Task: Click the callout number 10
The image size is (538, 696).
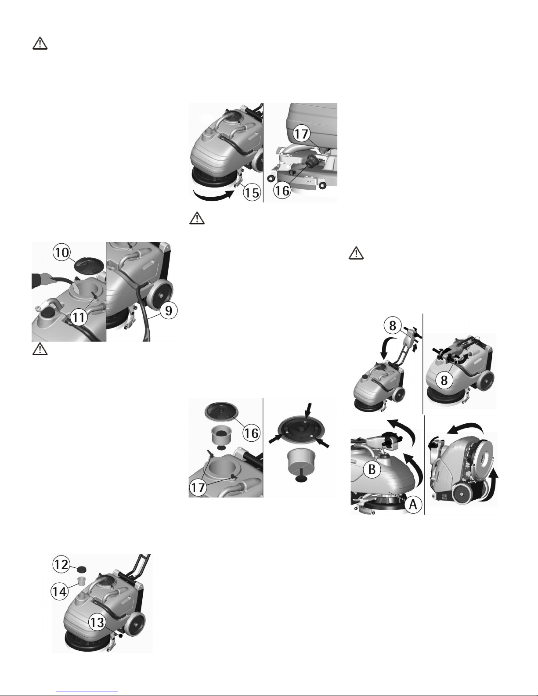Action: pyautogui.click(x=62, y=252)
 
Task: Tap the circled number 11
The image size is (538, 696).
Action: pyautogui.click(x=79, y=317)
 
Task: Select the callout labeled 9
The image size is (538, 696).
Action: pyautogui.click(x=169, y=310)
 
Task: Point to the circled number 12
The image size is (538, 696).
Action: pyautogui.click(x=61, y=564)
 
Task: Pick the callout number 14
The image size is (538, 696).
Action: pyautogui.click(x=60, y=591)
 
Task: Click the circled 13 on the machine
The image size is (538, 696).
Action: pyautogui.click(x=97, y=622)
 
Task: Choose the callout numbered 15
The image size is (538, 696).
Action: pyautogui.click(x=252, y=192)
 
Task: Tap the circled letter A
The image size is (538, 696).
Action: pyautogui.click(x=413, y=505)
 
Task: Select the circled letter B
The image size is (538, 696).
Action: pyautogui.click(x=372, y=469)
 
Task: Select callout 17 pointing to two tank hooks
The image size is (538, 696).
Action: pyautogui.click(x=198, y=487)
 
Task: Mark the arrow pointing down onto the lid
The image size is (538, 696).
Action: pyautogui.click(x=308, y=410)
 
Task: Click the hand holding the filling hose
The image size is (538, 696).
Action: pyautogui.click(x=43, y=279)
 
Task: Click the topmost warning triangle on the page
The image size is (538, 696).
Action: pyautogui.click(x=40, y=43)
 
